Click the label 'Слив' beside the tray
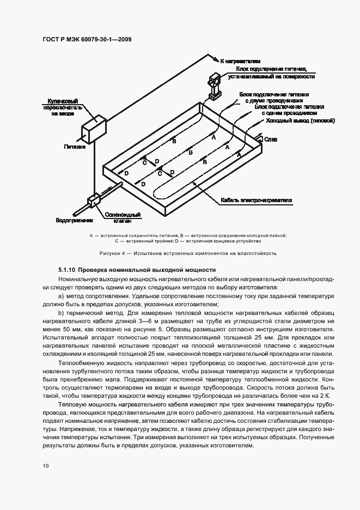[x=271, y=140]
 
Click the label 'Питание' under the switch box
[x=75, y=147]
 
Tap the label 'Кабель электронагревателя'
[x=257, y=200]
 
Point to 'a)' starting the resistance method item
[x=61, y=295]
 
